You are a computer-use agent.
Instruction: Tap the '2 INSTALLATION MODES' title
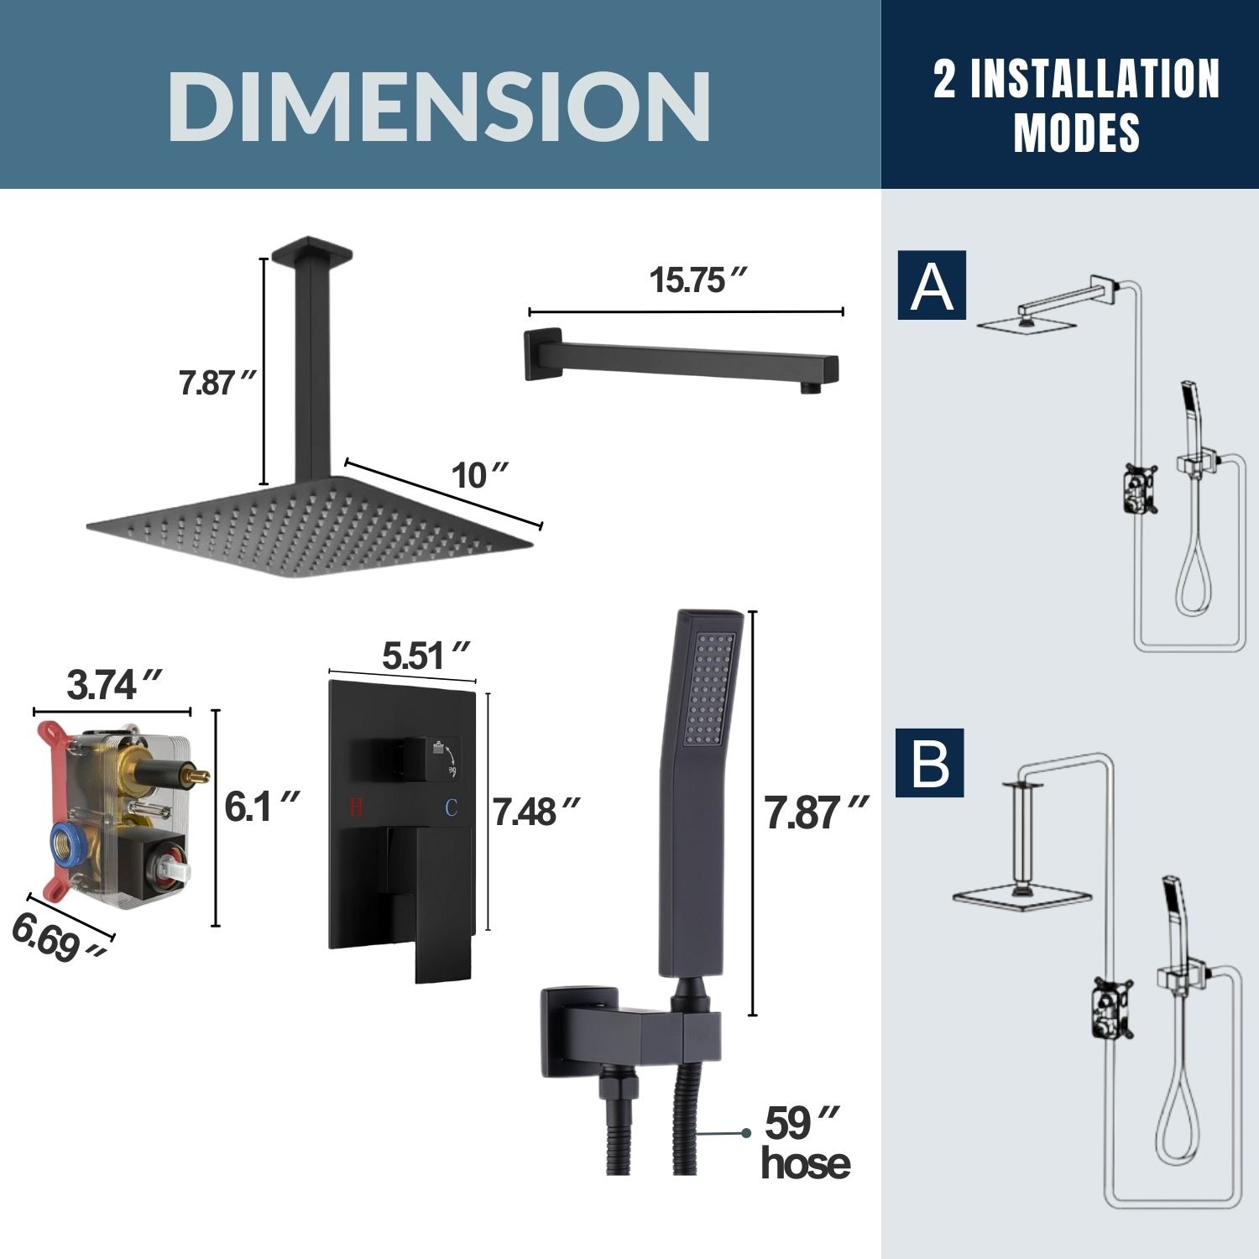click(x=1076, y=105)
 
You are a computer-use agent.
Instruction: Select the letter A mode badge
click(x=932, y=285)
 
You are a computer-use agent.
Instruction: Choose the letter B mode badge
click(x=929, y=763)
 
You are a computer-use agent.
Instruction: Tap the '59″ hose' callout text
click(x=804, y=1143)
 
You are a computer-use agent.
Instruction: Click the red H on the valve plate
click(x=356, y=807)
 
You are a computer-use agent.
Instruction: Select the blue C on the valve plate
click(x=451, y=807)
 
